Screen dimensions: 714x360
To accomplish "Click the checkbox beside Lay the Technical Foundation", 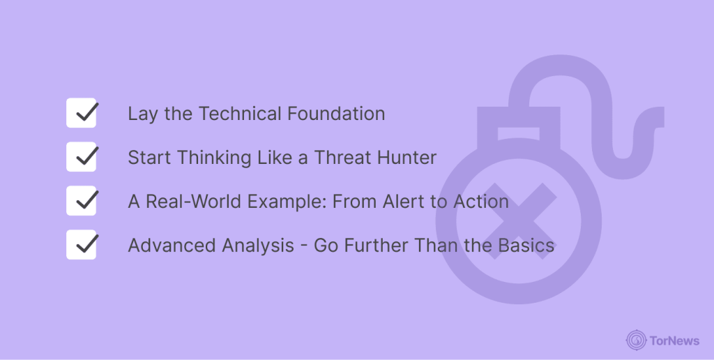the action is click(81, 112).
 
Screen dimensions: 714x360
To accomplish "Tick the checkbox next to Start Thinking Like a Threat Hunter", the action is click(81, 157).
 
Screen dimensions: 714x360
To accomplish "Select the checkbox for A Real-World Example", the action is click(81, 200).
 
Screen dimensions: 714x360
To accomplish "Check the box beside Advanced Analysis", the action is click(81, 245).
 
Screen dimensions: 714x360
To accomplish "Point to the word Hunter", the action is click(407, 158).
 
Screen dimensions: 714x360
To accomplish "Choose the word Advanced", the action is click(172, 246).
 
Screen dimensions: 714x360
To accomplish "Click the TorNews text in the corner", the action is click(674, 340).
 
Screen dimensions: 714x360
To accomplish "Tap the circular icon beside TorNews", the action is click(636, 340).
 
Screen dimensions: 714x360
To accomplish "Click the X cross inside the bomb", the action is click(519, 221).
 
